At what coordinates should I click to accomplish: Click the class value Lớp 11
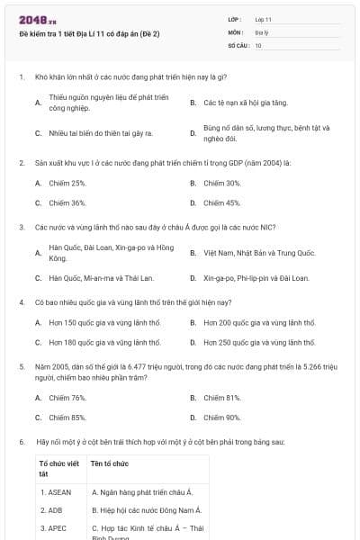pos(263,19)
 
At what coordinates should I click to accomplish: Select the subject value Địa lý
pos(261,31)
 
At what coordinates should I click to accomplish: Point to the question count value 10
pos(258,44)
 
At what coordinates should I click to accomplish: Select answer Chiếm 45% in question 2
pos(221,202)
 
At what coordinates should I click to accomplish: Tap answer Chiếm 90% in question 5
pos(221,418)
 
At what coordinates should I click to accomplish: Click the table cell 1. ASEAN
pos(55,492)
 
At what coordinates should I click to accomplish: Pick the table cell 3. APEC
pos(53,528)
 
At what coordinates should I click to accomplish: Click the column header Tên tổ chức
pos(110,463)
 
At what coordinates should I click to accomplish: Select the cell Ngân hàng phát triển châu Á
pos(142,492)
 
